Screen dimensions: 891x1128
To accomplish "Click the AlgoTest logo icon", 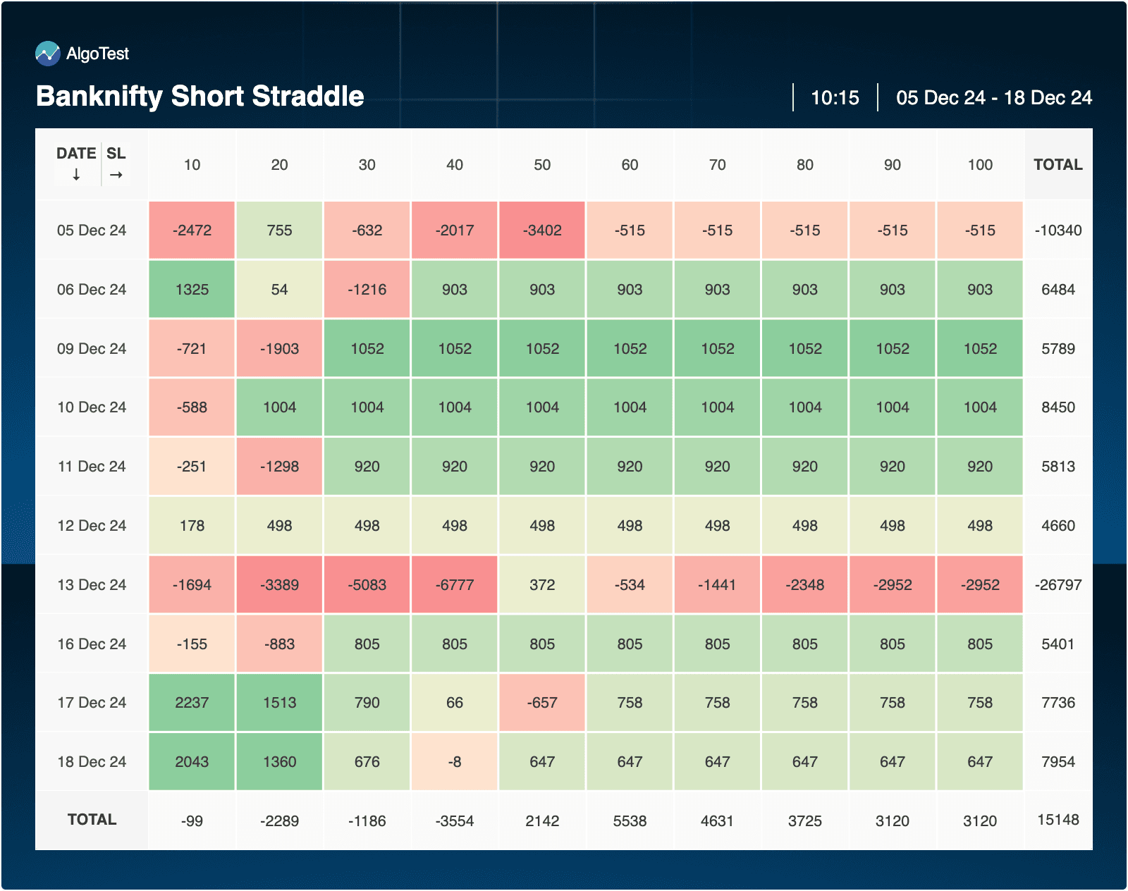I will click(x=48, y=54).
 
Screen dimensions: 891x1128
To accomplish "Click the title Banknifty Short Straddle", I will click(x=200, y=96).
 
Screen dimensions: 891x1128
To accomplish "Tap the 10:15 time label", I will click(x=835, y=97).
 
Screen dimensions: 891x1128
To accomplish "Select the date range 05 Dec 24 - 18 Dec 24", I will click(x=993, y=97).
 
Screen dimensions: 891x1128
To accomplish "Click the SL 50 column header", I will click(x=542, y=165).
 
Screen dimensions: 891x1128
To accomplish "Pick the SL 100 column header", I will click(x=980, y=165).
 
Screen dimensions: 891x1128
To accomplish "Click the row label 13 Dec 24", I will click(x=92, y=585).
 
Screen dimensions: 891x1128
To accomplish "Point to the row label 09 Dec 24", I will click(x=92, y=349).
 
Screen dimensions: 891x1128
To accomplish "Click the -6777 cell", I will click(x=455, y=585).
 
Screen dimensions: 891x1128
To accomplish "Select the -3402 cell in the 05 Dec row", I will click(x=542, y=231).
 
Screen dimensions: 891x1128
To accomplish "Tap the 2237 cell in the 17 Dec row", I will click(x=192, y=703).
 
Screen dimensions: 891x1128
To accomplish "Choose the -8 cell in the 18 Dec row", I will click(x=455, y=762).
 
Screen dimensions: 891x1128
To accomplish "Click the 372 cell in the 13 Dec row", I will click(x=542, y=585).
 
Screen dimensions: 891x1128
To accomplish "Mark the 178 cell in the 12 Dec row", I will click(x=192, y=526).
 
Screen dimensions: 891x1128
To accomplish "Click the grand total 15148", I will click(x=1057, y=820).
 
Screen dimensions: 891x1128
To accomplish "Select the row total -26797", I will click(x=1057, y=585).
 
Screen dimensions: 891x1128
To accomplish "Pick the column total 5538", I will click(x=630, y=821).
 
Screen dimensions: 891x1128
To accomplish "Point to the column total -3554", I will click(x=455, y=821).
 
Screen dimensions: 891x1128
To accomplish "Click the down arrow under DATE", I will click(x=76, y=175).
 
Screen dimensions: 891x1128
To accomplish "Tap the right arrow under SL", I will click(x=116, y=175).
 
